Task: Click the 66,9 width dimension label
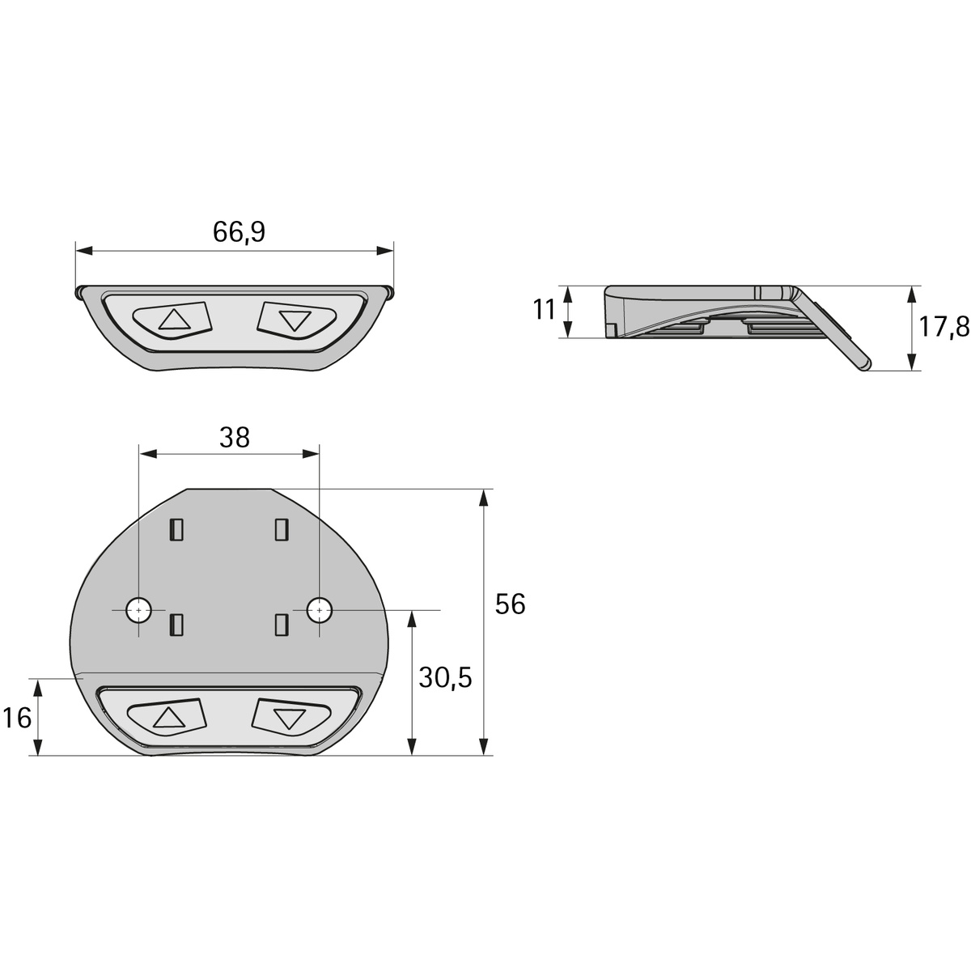239,232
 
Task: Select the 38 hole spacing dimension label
235,438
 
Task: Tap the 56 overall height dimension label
510,604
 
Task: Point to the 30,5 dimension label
445,678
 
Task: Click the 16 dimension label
17,718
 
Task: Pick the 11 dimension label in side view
544,309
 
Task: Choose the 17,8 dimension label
944,327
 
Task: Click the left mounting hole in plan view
138,610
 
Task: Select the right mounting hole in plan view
320,610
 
